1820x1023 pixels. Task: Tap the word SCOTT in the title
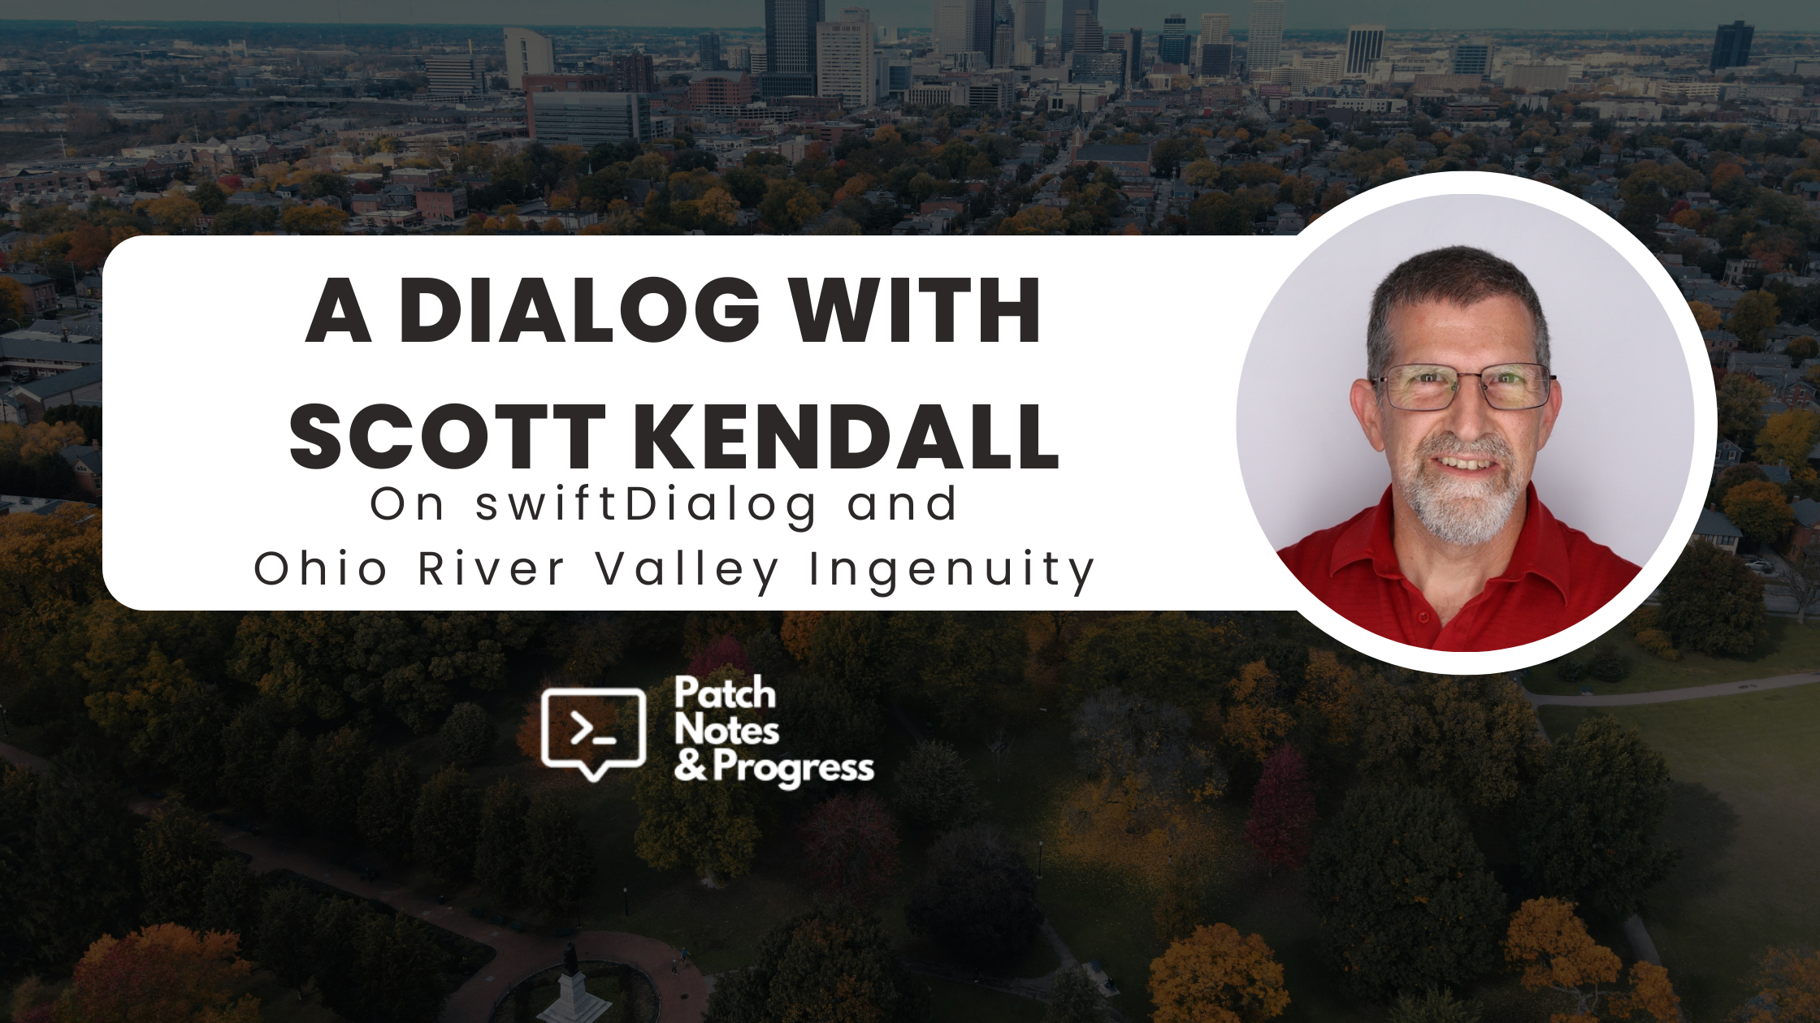coord(448,436)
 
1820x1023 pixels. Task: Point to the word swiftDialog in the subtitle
coord(647,505)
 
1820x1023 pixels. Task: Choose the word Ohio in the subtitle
coord(320,568)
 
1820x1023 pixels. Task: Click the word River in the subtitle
coord(491,568)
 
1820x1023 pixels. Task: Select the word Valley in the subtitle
coord(687,570)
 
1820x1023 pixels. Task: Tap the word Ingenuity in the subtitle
coord(952,570)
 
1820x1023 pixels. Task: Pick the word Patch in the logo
coord(725,693)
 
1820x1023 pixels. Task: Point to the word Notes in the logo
coord(726,730)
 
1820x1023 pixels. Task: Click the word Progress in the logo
coord(794,768)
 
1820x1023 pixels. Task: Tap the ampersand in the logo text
coord(691,766)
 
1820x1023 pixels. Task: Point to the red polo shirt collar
coord(1462,560)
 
